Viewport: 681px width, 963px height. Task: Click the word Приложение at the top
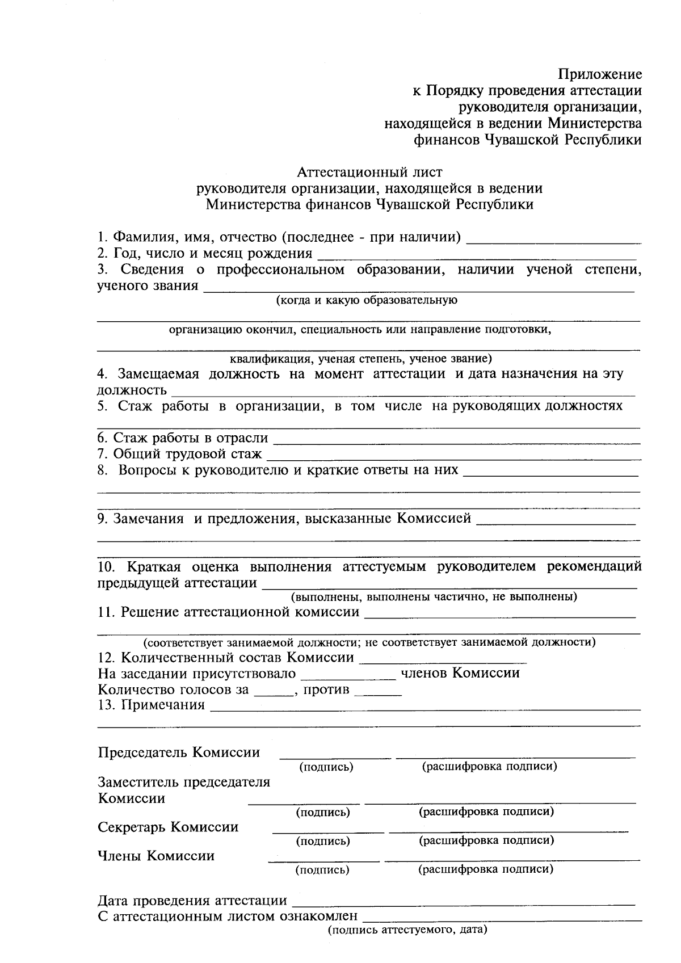pyautogui.click(x=600, y=74)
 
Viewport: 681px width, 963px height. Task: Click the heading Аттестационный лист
pyautogui.click(x=369, y=171)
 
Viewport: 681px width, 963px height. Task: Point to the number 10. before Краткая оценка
pyautogui.click(x=107, y=567)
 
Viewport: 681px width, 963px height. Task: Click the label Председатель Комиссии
pyautogui.click(x=179, y=752)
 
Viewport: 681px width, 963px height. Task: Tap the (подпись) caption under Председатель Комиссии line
pyautogui.click(x=326, y=767)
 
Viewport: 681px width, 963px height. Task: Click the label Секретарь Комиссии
pyautogui.click(x=168, y=827)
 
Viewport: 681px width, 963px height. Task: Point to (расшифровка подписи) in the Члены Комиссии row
pyautogui.click(x=485, y=869)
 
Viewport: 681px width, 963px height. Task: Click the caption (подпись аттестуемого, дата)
pyautogui.click(x=407, y=931)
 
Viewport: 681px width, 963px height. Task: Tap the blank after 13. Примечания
pyautogui.click(x=425, y=708)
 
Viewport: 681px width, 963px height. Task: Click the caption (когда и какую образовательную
pyautogui.click(x=367, y=300)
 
